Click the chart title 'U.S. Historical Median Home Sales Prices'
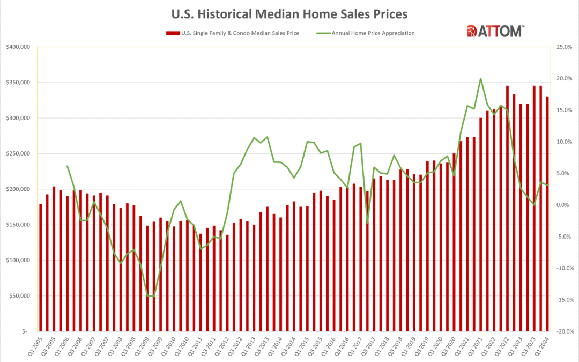(289, 12)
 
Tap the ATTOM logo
(495, 31)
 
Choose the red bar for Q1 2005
(41, 268)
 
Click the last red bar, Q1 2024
(547, 215)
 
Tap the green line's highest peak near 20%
(480, 79)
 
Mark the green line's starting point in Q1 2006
(68, 166)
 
